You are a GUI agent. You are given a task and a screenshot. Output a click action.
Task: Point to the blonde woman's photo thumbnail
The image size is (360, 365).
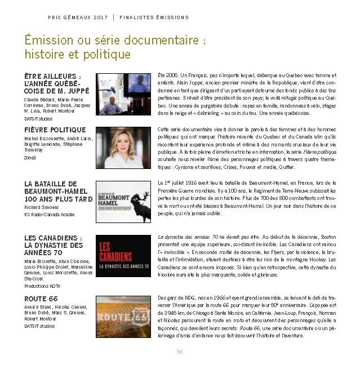(124, 148)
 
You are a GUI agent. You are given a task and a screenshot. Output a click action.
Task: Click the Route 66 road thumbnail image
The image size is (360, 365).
(124, 311)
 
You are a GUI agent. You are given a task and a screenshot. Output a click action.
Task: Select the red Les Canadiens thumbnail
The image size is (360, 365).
(124, 256)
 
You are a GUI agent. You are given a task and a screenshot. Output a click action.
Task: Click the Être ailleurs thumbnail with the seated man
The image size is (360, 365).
(124, 94)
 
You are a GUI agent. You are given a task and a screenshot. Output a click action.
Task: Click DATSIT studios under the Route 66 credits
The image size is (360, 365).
(40, 326)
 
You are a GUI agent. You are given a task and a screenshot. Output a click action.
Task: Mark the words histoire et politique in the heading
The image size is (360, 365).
(78, 55)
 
